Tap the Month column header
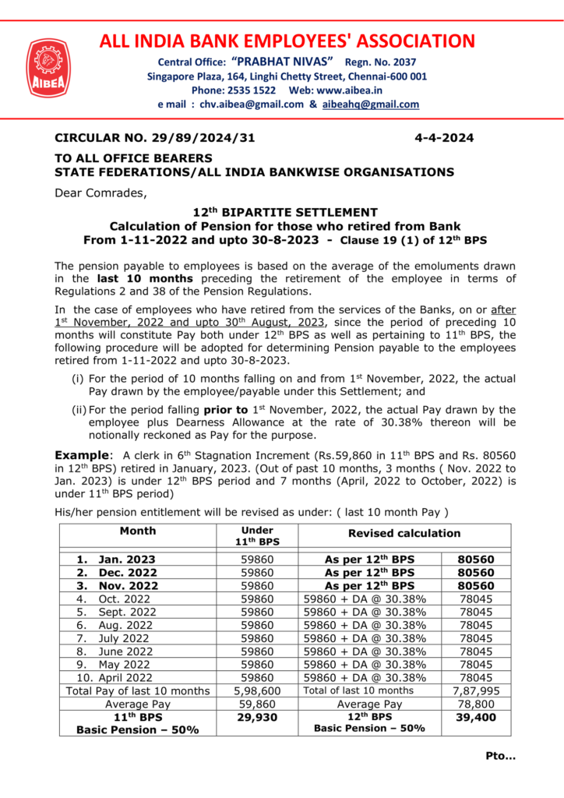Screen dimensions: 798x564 click(138, 531)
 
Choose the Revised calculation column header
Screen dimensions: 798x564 click(404, 534)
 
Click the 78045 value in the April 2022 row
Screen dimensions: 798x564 click(475, 677)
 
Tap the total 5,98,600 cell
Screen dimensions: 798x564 click(257, 690)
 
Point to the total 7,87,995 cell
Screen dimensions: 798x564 click(475, 690)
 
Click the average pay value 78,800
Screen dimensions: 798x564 click(475, 704)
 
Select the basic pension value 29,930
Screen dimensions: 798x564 click(257, 717)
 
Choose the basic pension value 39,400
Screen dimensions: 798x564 click(475, 717)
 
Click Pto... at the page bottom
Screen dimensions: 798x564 click(501, 755)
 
